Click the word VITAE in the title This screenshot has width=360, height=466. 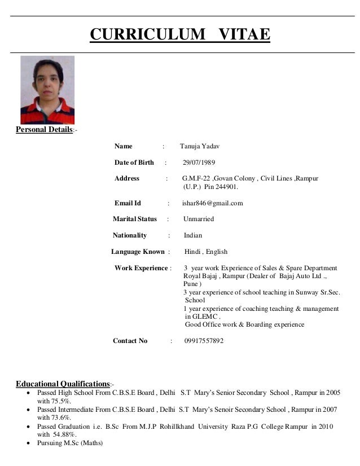pos(243,35)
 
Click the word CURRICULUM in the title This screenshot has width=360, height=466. pos(148,35)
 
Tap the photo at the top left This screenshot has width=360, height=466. pos(47,90)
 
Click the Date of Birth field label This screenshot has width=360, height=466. pos(134,162)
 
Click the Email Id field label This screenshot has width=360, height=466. pos(128,203)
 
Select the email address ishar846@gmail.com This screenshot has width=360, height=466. pos(212,203)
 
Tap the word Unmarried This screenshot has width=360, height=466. pos(199,219)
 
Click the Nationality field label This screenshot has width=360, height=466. pos(130,235)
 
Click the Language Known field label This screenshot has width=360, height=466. pos(138,252)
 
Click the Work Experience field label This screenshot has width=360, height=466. pos(141,268)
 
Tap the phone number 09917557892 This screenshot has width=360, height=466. pos(204,341)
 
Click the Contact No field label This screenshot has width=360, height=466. pos(130,341)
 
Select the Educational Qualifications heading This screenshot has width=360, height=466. pos(63,384)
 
